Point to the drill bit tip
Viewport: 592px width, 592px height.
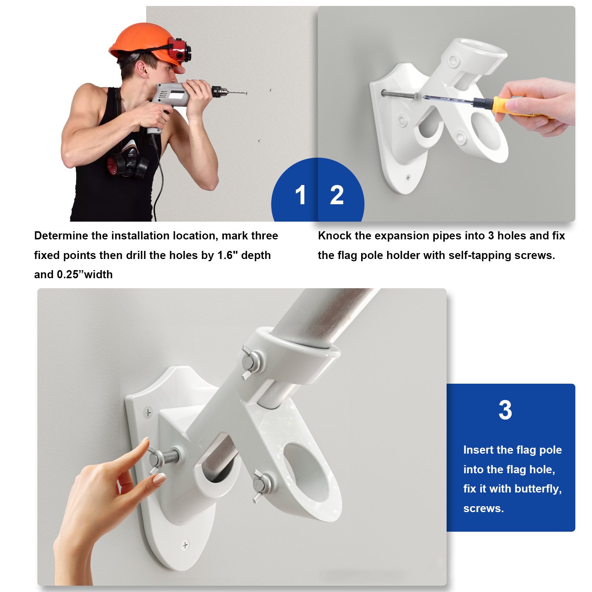pos(246,93)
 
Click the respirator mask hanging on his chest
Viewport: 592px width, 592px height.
pos(128,163)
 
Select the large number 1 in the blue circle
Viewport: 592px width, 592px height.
pos(300,195)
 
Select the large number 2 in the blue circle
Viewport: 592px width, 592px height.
pos(337,195)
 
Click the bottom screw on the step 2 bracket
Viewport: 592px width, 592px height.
pos(408,178)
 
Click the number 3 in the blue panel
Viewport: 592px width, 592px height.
pos(505,410)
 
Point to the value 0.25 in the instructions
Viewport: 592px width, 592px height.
pos(68,275)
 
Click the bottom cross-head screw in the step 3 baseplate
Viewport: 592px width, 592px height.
pos(185,545)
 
